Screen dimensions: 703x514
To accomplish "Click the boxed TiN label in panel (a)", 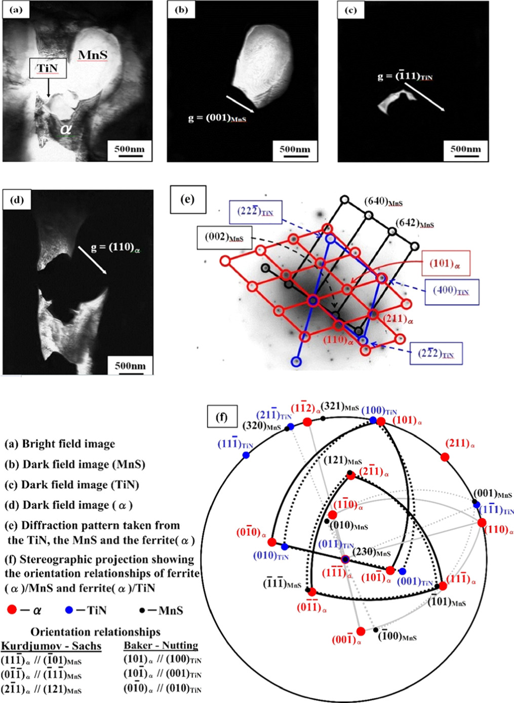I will coord(48,68).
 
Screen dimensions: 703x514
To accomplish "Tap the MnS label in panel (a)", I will coord(93,55).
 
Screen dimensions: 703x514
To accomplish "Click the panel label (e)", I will coord(188,199).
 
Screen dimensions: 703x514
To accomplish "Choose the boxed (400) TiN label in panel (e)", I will coord(451,292).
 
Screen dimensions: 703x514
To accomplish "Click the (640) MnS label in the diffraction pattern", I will coord(383,202).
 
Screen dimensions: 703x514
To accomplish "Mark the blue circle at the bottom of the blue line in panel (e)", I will coord(296,361).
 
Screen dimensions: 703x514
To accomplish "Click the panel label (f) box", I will coord(221,417).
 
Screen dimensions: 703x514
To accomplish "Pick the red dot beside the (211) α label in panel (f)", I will coord(445,457).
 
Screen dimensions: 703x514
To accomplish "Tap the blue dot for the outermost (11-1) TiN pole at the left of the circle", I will coord(246,455).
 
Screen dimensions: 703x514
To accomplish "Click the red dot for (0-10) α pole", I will coord(272,542).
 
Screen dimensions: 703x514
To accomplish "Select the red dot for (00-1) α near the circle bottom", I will coord(361,631).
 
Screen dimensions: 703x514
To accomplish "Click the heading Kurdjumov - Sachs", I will coord(51,646).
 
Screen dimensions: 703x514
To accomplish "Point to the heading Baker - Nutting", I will coord(161,646).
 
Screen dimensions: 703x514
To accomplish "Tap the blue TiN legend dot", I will coord(69,610).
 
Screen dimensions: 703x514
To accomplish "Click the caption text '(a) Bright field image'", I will coord(60,444).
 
